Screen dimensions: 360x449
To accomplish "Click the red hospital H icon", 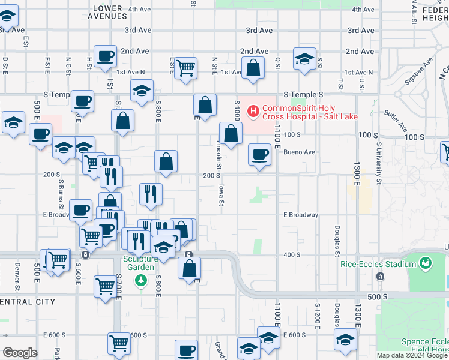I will [x=253, y=111].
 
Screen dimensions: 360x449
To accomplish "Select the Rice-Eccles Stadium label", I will [x=378, y=263].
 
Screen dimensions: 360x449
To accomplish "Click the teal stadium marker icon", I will [x=426, y=263].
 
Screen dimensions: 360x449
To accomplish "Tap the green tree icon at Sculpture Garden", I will [x=141, y=280].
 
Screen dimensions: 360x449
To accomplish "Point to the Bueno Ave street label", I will [x=300, y=152].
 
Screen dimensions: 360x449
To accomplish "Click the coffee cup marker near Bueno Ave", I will [x=259, y=155].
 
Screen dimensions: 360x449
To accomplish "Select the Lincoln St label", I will [x=219, y=154].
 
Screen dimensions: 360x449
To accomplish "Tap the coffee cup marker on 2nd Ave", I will [x=106, y=56].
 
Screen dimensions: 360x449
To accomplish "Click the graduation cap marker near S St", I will [x=304, y=59].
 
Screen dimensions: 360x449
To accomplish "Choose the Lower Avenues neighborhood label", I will [x=107, y=12].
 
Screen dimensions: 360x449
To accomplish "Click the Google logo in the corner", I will [x=20, y=352].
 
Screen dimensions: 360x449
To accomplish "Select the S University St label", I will [x=379, y=163].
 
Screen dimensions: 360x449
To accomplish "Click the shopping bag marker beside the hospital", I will [x=230, y=132].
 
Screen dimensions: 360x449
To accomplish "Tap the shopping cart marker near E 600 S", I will [x=119, y=343].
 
